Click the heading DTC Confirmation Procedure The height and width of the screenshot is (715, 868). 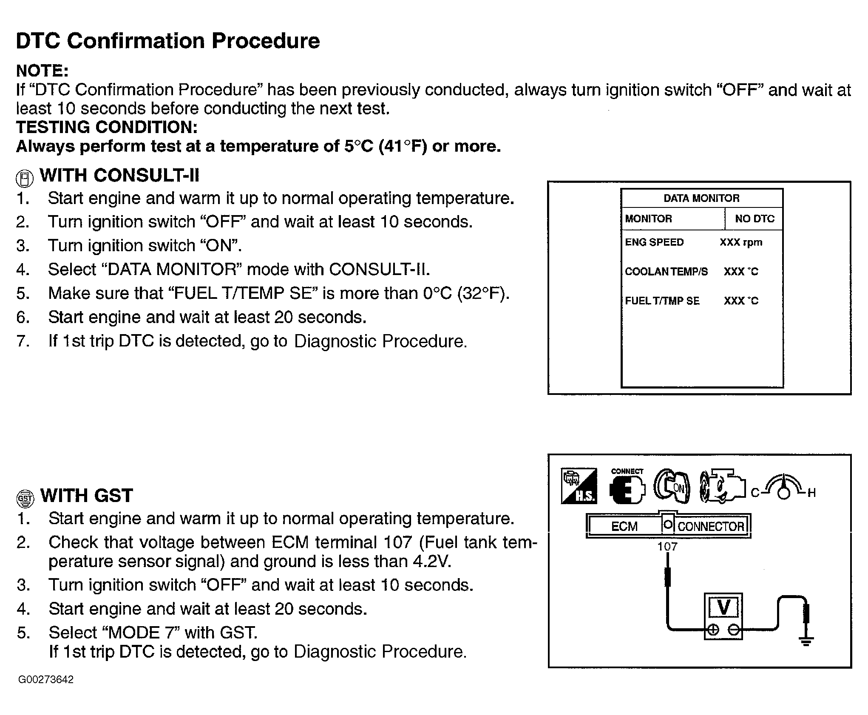168,41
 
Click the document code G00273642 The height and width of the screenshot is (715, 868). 46,679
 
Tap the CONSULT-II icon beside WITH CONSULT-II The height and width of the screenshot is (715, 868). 25,179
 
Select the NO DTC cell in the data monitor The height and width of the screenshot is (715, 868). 755,219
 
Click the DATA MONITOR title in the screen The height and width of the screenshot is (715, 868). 701,199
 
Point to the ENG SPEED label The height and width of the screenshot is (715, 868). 654,242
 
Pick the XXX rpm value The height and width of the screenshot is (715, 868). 741,243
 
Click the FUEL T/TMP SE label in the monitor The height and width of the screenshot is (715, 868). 662,301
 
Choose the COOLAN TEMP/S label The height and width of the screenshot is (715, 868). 666,272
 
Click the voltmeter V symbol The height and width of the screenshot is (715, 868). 723,608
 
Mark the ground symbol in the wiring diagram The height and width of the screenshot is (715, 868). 806,641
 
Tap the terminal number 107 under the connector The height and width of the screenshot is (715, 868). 667,547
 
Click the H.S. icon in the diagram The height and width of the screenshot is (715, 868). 579,486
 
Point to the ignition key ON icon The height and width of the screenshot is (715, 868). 672,487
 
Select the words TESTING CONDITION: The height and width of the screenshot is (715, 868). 107,127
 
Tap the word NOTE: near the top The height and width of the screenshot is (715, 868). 42,71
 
